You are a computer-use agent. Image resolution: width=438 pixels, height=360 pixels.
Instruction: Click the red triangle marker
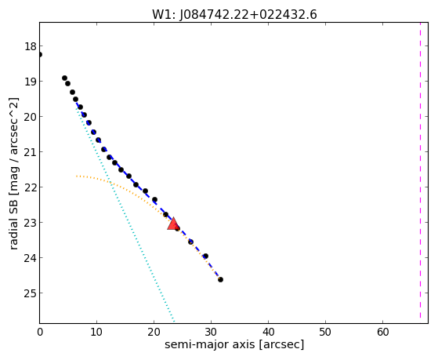[x=173, y=224]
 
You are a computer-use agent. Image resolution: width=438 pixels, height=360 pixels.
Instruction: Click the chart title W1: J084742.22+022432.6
[x=234, y=15]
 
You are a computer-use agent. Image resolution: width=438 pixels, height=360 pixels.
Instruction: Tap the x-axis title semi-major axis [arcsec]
[x=234, y=344]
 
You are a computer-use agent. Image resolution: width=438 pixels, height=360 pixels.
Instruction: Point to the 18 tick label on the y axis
[x=31, y=46]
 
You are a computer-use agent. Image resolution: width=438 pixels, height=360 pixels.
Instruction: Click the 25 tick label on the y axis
[x=31, y=293]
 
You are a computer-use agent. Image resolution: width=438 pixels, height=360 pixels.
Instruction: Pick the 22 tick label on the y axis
[x=31, y=187]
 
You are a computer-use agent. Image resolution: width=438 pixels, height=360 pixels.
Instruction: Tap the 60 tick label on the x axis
[x=382, y=333]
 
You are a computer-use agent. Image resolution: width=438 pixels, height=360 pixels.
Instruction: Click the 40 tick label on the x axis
[x=269, y=333]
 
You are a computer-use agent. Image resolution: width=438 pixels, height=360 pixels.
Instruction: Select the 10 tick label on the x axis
[x=96, y=333]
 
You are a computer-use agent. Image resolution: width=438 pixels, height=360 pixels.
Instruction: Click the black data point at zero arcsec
[x=40, y=54]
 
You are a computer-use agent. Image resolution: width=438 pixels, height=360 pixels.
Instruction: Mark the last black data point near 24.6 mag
[x=220, y=279]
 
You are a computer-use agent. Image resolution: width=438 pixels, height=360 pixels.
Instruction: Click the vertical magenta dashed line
[x=420, y=171]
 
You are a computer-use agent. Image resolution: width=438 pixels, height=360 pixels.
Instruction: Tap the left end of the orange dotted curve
[x=76, y=176]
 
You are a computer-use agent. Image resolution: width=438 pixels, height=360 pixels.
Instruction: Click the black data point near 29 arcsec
[x=205, y=256]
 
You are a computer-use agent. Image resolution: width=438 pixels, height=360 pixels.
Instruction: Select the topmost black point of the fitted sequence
[x=64, y=78]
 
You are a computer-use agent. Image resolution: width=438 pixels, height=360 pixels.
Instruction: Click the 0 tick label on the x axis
[x=40, y=333]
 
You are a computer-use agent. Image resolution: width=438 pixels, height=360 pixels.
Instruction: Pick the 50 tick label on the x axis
[x=325, y=333]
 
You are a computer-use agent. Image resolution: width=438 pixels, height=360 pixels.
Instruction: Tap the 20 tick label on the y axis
[x=31, y=117]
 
